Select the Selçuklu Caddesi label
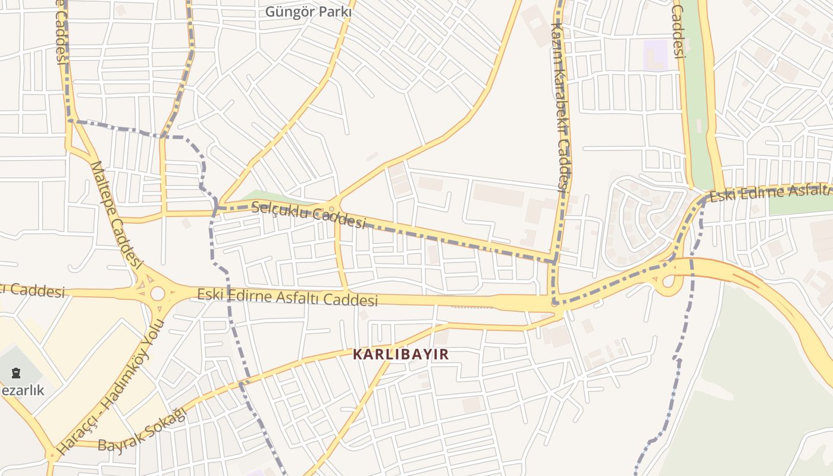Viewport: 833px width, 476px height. click(x=308, y=215)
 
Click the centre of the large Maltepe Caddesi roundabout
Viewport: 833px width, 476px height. click(x=157, y=293)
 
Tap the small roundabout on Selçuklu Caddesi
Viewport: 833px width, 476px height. click(x=331, y=209)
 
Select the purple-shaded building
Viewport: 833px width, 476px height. click(x=656, y=55)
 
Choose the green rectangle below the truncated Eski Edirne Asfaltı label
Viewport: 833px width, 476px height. click(x=800, y=203)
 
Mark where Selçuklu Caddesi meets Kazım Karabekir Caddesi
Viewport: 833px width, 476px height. click(x=555, y=261)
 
